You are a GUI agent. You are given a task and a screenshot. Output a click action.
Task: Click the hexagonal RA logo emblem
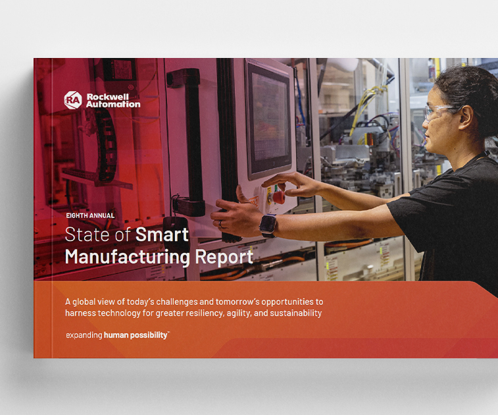(x=73, y=100)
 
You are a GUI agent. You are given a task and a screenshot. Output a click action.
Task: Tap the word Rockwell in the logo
(x=107, y=97)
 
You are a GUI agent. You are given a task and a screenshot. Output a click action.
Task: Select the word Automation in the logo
(x=113, y=104)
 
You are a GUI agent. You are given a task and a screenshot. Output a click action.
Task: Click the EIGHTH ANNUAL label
(x=90, y=215)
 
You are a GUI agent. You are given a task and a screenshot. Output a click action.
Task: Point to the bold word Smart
(x=162, y=235)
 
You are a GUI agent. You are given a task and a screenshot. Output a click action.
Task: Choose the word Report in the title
(x=224, y=257)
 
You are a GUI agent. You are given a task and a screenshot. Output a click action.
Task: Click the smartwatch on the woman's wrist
(x=268, y=225)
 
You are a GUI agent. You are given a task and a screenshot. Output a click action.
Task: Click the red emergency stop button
(x=278, y=197)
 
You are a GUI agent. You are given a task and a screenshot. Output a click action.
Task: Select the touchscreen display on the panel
(x=269, y=119)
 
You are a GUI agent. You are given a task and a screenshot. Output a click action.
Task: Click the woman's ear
(x=466, y=117)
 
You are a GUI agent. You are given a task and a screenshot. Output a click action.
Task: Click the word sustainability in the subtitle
(x=295, y=314)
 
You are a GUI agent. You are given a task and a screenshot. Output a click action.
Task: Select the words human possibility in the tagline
(x=136, y=335)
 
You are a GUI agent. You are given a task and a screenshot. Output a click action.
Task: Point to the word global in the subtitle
(x=84, y=302)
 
